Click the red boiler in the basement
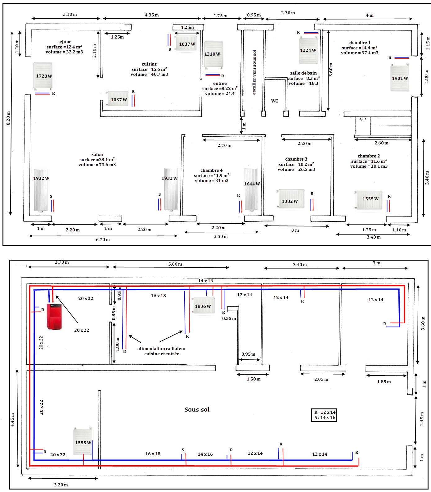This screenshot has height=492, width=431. (x=54, y=316)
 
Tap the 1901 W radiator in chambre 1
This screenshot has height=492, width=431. (x=400, y=78)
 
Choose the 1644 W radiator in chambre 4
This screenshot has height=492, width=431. (x=251, y=189)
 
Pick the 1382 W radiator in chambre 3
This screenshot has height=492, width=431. (x=291, y=199)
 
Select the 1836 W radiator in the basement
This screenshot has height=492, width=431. (x=203, y=306)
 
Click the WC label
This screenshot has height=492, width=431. (x=275, y=101)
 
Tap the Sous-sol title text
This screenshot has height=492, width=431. (x=197, y=409)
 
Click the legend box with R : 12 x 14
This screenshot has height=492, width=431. (x=324, y=415)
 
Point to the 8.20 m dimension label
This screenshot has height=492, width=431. (x=8, y=118)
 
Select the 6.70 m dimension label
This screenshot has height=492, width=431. (x=103, y=239)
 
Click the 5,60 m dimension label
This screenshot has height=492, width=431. (x=175, y=264)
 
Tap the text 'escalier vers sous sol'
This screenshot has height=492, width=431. (x=254, y=72)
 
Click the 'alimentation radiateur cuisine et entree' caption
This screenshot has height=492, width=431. (x=162, y=351)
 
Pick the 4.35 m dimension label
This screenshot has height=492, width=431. (x=152, y=15)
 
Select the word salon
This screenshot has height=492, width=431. (x=97, y=154)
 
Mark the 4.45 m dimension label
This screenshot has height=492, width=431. (x=12, y=420)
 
